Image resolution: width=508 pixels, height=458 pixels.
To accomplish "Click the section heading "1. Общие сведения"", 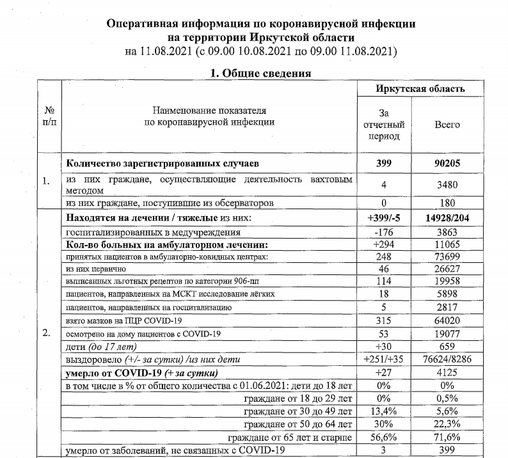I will [x=261, y=74].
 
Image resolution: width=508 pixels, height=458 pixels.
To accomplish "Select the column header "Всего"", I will [x=447, y=125].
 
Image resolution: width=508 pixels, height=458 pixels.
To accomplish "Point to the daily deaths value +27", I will [x=385, y=373].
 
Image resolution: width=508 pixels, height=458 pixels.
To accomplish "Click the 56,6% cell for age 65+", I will [x=385, y=438].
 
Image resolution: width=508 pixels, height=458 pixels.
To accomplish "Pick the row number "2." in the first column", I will [x=47, y=333].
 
